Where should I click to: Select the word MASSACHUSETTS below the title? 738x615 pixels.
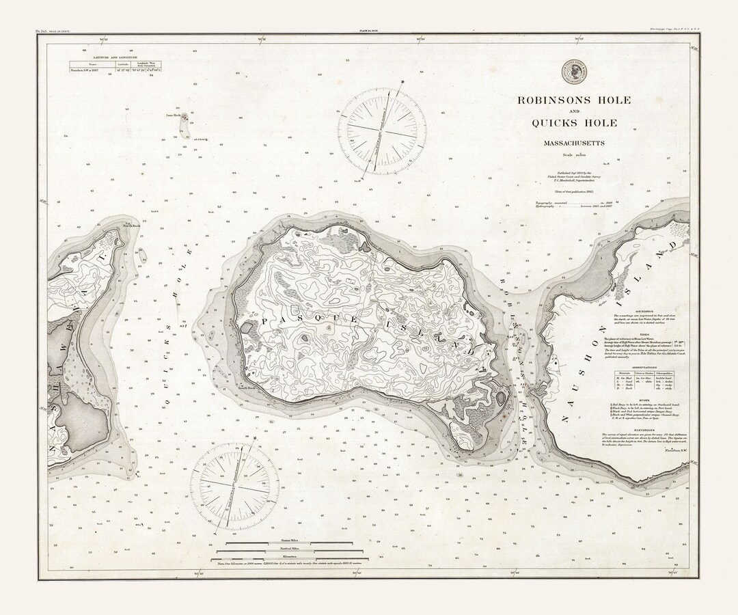coord(574,143)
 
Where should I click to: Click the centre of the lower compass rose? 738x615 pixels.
coord(234,486)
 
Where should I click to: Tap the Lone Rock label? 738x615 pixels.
coord(172,115)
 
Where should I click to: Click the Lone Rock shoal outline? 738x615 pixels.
coord(184,119)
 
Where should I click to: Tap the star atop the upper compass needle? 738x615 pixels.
coord(403,83)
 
